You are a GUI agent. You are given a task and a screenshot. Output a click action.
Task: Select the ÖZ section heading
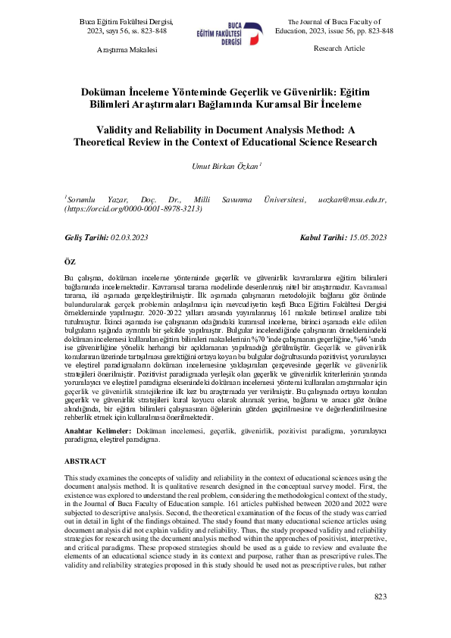(70, 261)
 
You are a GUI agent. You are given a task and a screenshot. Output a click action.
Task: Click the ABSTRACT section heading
(85, 461)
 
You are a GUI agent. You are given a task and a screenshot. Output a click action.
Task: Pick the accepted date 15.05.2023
(368, 238)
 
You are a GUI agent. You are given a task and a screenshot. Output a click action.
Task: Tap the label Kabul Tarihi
(324, 238)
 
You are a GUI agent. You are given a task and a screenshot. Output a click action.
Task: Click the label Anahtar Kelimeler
(95, 429)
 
